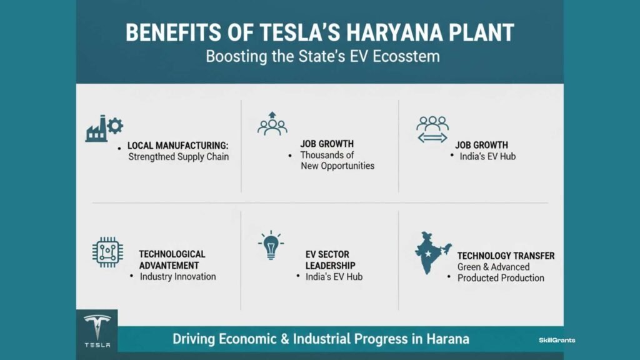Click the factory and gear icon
click(x=104, y=128)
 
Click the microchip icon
click(x=107, y=252)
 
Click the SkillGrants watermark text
click(x=557, y=340)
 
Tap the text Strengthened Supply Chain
click(x=178, y=157)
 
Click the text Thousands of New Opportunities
click(x=337, y=161)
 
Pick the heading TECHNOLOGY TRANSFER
click(x=506, y=256)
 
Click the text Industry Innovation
click(x=177, y=276)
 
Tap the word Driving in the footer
click(x=195, y=340)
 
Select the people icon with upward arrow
click(x=272, y=124)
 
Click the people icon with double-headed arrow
click(x=432, y=129)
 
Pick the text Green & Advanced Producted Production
click(x=500, y=272)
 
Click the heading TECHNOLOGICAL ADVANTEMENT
click(x=172, y=259)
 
